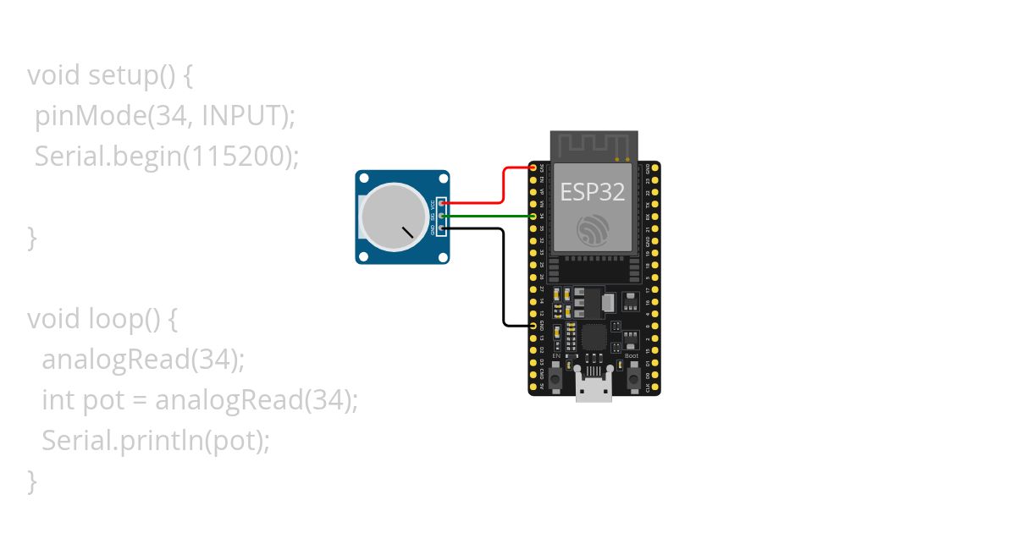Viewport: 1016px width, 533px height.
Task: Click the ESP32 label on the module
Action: tap(593, 191)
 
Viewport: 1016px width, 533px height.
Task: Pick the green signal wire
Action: tap(487, 217)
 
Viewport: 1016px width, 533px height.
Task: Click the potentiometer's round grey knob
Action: tap(393, 216)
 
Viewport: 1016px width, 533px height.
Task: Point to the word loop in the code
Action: tap(112, 320)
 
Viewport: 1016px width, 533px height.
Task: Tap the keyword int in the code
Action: tap(58, 400)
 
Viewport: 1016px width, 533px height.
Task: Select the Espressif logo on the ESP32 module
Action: tap(593, 229)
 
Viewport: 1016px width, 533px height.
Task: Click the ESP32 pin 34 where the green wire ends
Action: tap(533, 217)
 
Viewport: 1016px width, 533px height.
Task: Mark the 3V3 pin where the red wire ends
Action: tap(533, 168)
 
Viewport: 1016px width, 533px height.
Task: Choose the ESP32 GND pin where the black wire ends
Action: tap(533, 325)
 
